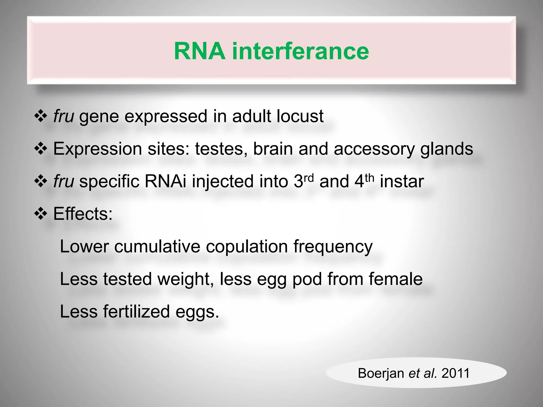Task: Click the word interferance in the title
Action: pos(300,51)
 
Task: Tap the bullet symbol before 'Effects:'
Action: pos(41,214)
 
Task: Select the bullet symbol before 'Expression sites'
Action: pos(41,149)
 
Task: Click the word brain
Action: pos(273,149)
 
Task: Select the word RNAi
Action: pos(165,182)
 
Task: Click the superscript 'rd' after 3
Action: pos(309,177)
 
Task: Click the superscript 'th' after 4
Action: pos(369,177)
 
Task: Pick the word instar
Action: pos(402,182)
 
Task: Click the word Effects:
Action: pos(83,214)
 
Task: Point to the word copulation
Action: pos(247,246)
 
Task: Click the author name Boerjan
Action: pos(381,373)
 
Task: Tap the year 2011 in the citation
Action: pos(456,373)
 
